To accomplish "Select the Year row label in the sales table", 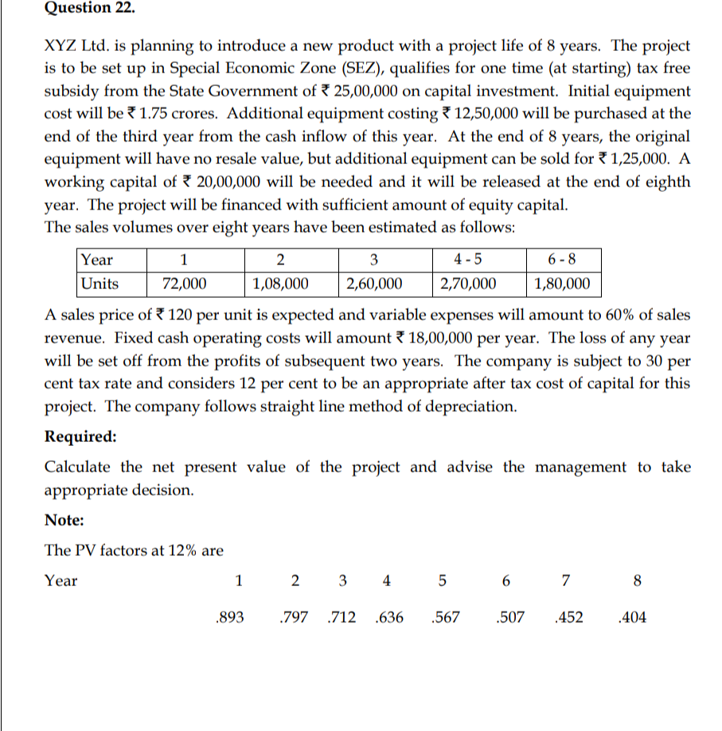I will (97, 260).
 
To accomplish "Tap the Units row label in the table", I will (100, 283).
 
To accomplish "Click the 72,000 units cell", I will (185, 283).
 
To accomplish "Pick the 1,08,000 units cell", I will (280, 283).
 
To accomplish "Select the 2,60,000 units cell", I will (374, 283).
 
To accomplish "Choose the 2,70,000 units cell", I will (469, 283).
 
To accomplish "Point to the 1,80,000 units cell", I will (563, 283).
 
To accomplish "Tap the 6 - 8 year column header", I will (562, 260).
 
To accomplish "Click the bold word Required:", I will (80, 436).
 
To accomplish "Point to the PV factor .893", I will (230, 616).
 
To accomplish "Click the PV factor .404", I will (633, 616).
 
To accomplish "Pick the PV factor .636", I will (388, 616).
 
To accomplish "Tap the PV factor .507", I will (509, 616).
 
